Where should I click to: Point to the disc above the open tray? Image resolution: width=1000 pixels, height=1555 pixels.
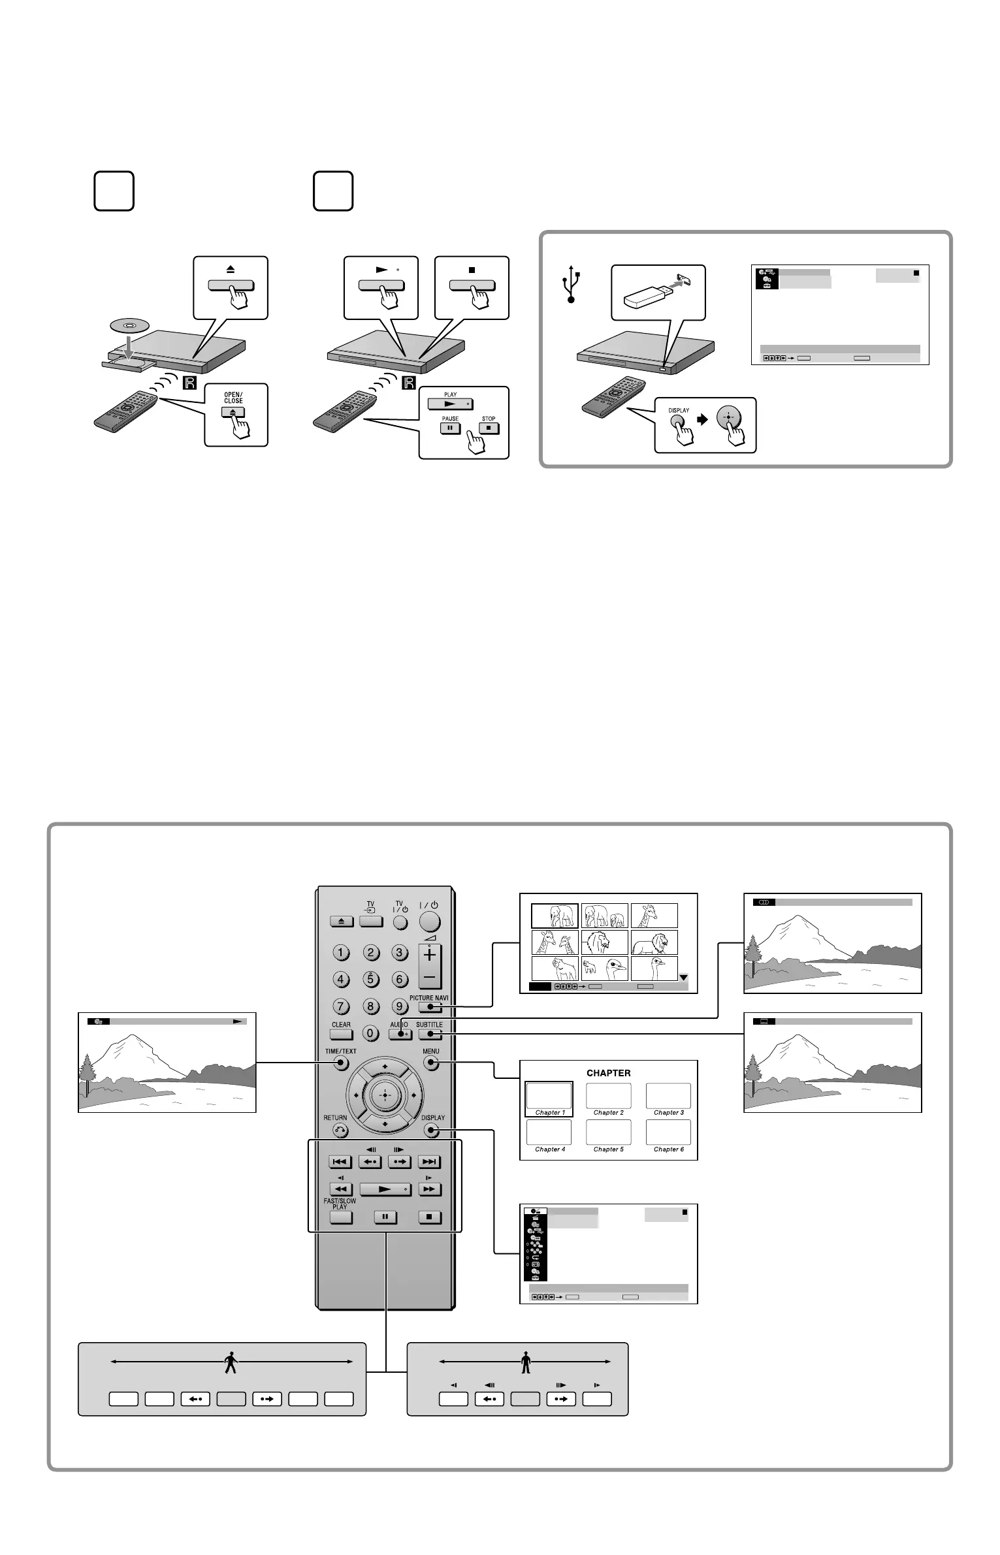[x=128, y=325]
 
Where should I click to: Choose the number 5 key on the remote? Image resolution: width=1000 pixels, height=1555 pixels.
[x=370, y=980]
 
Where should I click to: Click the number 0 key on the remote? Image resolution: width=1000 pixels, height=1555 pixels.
[x=370, y=1034]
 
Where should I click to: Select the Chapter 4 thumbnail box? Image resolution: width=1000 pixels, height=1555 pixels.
[x=549, y=1132]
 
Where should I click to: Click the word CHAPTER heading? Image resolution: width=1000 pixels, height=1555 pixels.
[x=608, y=1072]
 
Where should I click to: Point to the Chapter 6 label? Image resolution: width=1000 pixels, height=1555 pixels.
[x=668, y=1149]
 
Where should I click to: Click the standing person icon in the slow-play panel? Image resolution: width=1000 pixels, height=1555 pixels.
[x=526, y=1364]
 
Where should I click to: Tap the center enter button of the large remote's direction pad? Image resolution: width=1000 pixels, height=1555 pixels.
[x=385, y=1093]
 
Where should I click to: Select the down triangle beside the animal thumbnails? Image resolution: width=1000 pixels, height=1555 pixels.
[x=683, y=978]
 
